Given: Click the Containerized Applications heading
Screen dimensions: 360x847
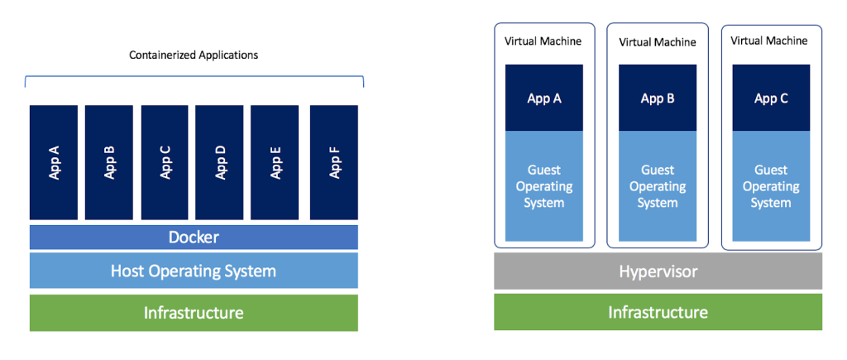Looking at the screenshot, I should tap(194, 55).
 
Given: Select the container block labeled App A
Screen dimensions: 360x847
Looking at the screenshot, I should tap(54, 162).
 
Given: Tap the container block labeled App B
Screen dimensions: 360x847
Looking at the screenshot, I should tap(109, 162).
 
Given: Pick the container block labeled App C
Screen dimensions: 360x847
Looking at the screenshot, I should tap(165, 162).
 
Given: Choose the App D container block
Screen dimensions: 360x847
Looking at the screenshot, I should tap(219, 162).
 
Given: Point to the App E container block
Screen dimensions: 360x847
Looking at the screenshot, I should tap(275, 162).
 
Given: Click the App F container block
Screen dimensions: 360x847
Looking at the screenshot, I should tap(334, 162).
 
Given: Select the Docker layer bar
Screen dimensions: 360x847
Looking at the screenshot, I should tap(194, 238).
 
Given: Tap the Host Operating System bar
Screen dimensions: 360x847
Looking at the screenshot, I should tap(194, 271).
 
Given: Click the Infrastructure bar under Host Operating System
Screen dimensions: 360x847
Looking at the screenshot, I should tap(194, 313).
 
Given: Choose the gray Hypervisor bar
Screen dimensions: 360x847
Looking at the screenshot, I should tap(658, 271).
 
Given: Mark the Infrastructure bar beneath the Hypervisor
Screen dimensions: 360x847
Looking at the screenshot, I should tap(658, 312).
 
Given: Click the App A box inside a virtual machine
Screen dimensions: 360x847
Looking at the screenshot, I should tap(544, 98).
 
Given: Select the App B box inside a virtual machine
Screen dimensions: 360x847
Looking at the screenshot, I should tap(658, 98).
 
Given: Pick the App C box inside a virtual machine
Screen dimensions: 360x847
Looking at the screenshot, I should tap(771, 98).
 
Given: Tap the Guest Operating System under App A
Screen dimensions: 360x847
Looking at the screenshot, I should tap(544, 186).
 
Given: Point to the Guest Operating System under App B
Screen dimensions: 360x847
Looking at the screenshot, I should tap(658, 186).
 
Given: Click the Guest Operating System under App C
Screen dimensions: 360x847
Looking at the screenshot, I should tap(771, 186).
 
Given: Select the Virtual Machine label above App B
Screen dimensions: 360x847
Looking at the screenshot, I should tap(658, 42).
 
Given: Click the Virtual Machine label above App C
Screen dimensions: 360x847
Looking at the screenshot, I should tap(769, 40).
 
